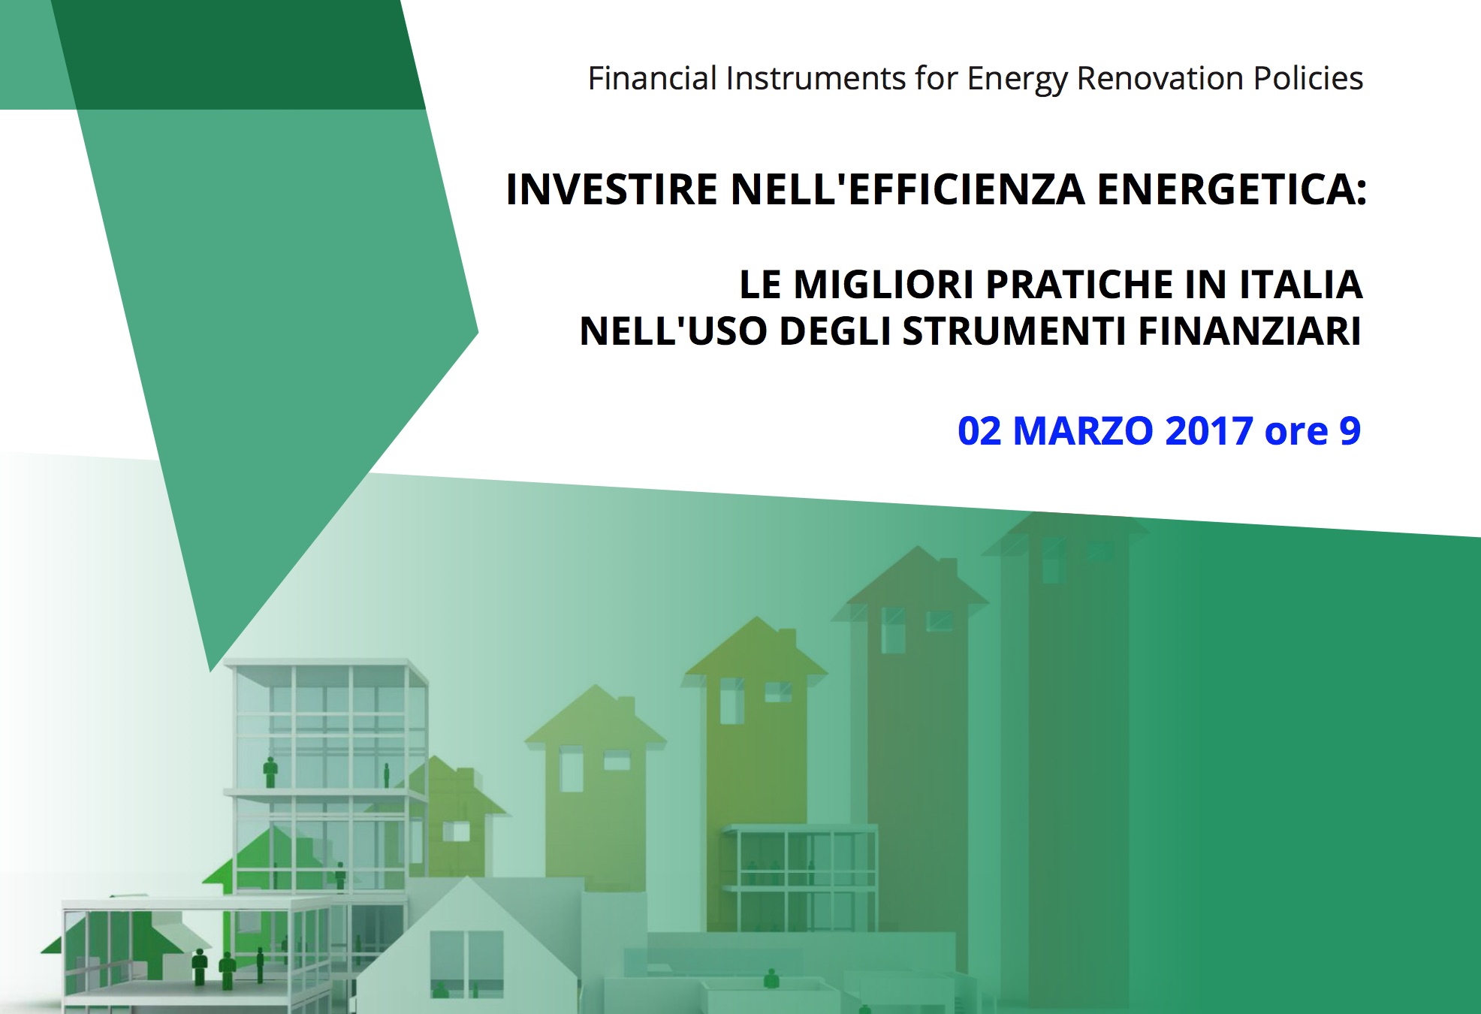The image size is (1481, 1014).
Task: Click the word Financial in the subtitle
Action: coord(653,78)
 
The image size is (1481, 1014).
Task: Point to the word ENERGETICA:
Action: coord(1232,189)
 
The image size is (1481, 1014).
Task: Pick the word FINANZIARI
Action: coord(1250,331)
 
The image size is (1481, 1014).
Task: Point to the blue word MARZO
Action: coord(1083,431)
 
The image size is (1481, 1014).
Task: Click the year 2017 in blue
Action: coord(1209,431)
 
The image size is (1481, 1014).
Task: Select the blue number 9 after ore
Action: coord(1350,431)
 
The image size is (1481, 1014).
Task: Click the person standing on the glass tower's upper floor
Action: coord(270,772)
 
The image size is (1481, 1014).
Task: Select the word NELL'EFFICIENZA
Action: coord(908,189)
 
